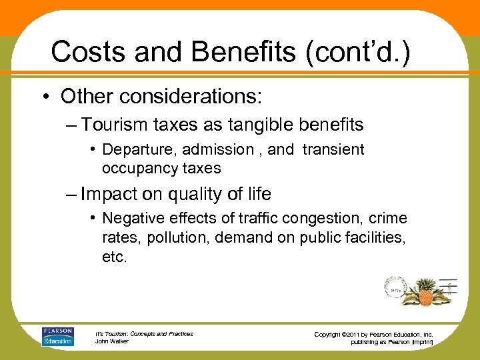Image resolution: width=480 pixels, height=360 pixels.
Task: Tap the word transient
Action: click(x=333, y=149)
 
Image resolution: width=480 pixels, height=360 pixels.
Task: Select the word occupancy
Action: click(x=142, y=168)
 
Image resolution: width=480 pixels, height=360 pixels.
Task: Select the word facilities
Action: click(x=375, y=237)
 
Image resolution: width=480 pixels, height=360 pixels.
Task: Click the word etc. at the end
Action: click(x=114, y=257)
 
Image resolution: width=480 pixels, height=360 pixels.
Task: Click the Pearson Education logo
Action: click(x=58, y=337)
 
